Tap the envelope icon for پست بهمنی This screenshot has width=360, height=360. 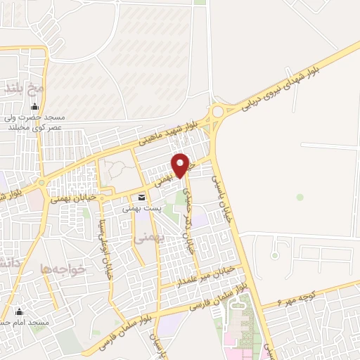point(142,198)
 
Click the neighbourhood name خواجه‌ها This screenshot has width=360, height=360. point(63,268)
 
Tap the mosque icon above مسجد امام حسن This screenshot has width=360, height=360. point(20,311)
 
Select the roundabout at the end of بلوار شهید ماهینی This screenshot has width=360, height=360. point(217,111)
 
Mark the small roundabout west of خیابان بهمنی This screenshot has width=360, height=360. point(41,184)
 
